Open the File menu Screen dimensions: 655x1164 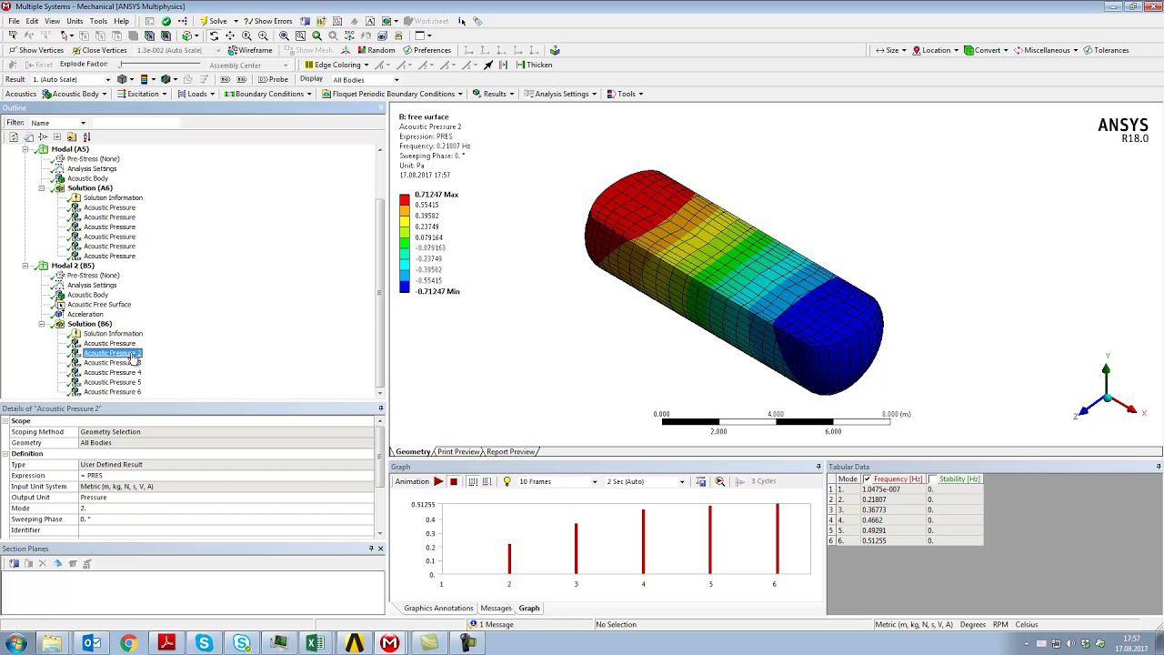click(x=14, y=21)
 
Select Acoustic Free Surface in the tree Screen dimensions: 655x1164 click(x=98, y=305)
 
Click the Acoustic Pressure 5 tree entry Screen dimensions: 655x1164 click(x=112, y=382)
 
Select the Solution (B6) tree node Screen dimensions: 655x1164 click(x=89, y=324)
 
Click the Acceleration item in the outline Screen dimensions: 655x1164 click(x=85, y=314)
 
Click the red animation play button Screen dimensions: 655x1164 click(x=438, y=481)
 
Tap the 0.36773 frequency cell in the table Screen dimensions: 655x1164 click(x=874, y=509)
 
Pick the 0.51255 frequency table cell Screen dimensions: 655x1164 click(x=874, y=540)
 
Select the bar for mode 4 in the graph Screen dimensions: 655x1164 click(x=643, y=541)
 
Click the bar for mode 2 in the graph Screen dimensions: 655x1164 click(x=509, y=558)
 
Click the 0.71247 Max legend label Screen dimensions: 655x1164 click(x=436, y=195)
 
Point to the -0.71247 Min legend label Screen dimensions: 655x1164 click(x=437, y=291)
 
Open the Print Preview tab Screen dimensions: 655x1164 click(x=458, y=451)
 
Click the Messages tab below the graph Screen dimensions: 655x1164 click(x=496, y=608)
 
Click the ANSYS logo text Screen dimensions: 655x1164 click(x=1122, y=126)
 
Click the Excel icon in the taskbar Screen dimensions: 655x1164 click(x=315, y=643)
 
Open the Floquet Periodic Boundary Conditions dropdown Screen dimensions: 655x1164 click(x=393, y=94)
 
